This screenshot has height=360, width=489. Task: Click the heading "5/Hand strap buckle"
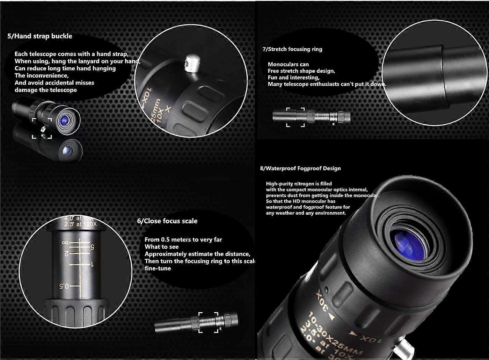[x=40, y=36]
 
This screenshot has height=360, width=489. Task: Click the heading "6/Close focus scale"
[x=167, y=221]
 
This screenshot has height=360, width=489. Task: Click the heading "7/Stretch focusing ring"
[x=292, y=49]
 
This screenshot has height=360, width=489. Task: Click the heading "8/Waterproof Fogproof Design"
[x=300, y=168]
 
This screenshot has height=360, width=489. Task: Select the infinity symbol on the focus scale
[x=64, y=243]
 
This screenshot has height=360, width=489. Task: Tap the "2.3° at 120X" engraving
[x=80, y=224]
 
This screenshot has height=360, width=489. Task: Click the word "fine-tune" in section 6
[x=158, y=268]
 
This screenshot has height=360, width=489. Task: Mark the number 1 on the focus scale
[x=92, y=264]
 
